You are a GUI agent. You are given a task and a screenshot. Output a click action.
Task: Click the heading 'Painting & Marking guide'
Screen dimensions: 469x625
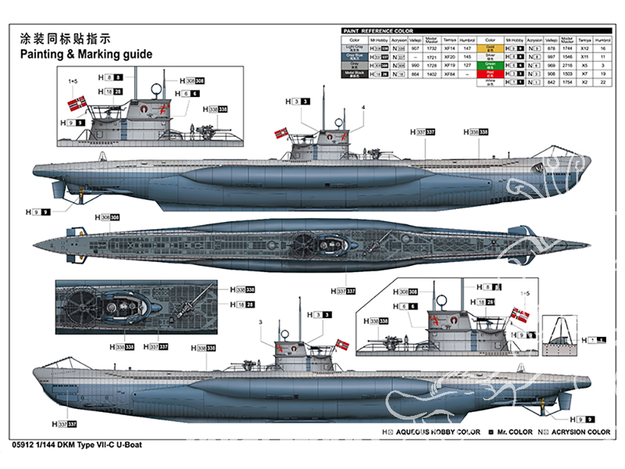[x=86, y=54]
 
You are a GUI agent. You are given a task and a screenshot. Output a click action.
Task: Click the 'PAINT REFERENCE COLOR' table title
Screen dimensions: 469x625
[x=377, y=31]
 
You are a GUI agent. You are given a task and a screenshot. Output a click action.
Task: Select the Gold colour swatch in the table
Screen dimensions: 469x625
[x=490, y=48]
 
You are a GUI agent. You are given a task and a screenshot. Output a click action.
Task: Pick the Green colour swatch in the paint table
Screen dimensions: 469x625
[x=490, y=64]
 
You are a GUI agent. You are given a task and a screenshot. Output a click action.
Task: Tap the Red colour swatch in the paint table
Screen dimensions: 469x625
[x=490, y=73]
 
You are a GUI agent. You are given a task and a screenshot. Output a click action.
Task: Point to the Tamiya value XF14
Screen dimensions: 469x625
[x=449, y=48]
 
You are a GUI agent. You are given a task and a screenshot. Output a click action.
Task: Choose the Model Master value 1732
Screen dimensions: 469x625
[x=432, y=48]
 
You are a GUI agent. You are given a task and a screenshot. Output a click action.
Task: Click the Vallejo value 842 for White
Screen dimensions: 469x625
[x=551, y=82]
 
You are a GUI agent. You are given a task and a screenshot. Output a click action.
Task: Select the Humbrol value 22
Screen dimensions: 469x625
[x=603, y=82]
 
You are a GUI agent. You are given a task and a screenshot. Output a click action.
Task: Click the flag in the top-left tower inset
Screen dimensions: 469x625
[x=77, y=102]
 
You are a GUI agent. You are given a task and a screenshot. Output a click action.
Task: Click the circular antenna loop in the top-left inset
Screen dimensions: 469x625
[x=155, y=90]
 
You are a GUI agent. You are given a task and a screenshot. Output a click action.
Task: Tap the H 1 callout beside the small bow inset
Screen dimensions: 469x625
[x=594, y=340]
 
